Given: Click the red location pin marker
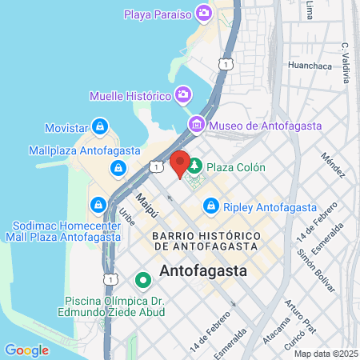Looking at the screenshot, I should coord(180,163).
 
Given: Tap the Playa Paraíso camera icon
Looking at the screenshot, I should coord(205,13).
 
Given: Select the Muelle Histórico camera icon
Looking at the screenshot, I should coord(182,95).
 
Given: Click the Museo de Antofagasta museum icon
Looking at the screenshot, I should coord(197,125).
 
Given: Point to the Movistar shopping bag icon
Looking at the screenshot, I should coord(99,126).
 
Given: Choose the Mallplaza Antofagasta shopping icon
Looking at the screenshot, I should coord(118,167).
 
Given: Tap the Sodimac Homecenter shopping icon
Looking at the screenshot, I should coord(98,205).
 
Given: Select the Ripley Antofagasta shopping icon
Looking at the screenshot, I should coord(211,206).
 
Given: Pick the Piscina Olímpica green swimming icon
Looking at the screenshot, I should coord(143,280).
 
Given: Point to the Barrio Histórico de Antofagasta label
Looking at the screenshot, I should coord(206,242).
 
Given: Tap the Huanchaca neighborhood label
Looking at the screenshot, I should coord(309,66).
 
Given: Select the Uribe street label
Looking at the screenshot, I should coord(127,217).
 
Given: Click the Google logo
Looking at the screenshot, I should coord(26,350).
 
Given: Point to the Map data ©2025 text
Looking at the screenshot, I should coord(325,353).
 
